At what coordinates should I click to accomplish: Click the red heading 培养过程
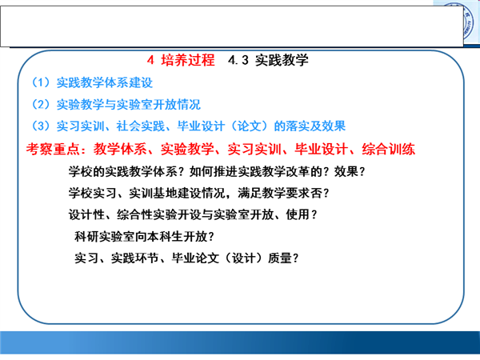(188, 60)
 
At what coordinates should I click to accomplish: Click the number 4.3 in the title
(238, 60)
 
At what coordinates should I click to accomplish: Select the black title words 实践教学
(282, 60)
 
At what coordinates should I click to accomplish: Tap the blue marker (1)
(41, 82)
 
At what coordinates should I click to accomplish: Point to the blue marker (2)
(41, 104)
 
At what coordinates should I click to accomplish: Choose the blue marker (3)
(41, 126)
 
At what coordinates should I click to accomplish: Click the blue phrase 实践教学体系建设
(104, 82)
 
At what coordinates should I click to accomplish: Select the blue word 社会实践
(140, 126)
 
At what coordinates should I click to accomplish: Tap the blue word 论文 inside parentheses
(250, 126)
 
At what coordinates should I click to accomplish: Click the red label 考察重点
(53, 149)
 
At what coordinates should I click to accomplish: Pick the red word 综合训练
(389, 149)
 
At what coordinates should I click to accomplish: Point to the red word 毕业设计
(322, 149)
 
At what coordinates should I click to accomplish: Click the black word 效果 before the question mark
(346, 171)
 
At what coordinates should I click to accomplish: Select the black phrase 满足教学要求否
(280, 193)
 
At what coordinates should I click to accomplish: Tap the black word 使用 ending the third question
(298, 214)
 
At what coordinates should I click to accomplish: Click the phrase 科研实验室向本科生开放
(141, 237)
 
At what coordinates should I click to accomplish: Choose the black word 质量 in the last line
(280, 258)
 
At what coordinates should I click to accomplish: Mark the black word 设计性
(86, 214)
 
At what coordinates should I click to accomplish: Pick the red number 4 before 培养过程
(150, 60)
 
